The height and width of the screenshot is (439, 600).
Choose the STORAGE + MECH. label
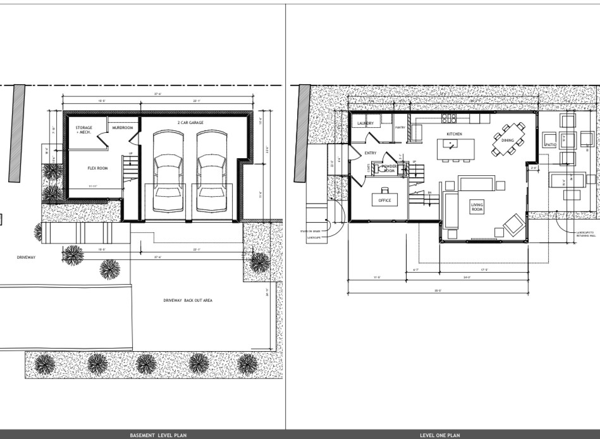click(x=84, y=130)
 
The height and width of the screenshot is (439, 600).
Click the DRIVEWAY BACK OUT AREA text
click(x=188, y=300)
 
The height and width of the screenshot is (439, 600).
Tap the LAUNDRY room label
click(x=365, y=123)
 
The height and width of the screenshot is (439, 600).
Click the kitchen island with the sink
click(x=451, y=149)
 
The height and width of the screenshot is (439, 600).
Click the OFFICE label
click(x=384, y=201)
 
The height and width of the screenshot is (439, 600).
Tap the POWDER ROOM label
click(x=389, y=168)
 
